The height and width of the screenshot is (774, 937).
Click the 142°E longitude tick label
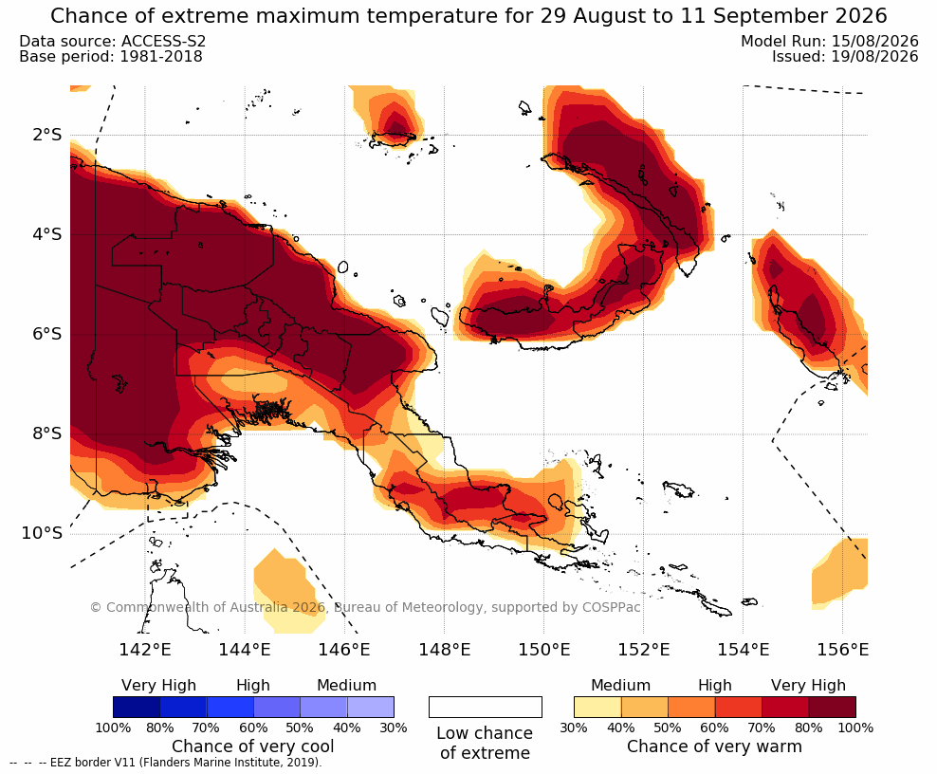point(144,649)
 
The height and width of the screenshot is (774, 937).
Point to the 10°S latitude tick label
point(42,533)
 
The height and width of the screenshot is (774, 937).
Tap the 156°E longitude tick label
point(842,649)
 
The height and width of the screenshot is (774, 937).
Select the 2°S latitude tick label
point(46,135)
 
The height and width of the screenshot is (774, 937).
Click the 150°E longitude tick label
point(543,649)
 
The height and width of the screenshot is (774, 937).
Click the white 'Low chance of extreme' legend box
point(486,707)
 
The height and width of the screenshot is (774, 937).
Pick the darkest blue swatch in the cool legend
point(137,707)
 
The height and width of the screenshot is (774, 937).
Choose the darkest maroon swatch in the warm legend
point(833,707)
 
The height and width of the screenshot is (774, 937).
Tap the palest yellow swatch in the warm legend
point(597,707)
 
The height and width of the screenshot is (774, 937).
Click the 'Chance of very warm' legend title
point(714,746)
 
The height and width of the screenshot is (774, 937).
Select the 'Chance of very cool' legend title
point(253,746)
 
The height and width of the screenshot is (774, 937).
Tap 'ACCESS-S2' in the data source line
point(163,41)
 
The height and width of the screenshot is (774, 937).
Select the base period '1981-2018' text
point(161,57)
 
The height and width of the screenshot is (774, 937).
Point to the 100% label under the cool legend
point(113,728)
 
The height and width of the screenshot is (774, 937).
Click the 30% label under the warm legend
point(574,728)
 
